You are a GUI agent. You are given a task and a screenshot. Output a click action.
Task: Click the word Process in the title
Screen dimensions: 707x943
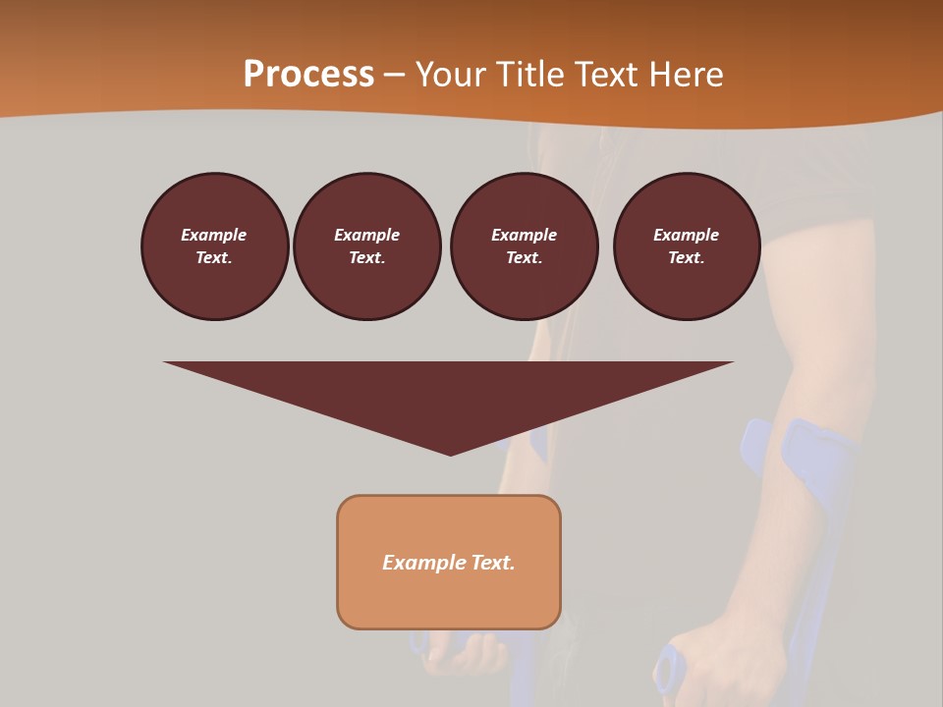[308, 75]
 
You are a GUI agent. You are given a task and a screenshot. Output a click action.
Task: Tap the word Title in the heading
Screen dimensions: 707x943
[530, 75]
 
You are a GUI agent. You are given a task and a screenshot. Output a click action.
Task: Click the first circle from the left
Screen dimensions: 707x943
[214, 246]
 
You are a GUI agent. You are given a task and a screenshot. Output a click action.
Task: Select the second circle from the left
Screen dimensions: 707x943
[366, 246]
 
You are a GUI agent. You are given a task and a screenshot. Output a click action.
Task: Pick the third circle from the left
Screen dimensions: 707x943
[524, 246]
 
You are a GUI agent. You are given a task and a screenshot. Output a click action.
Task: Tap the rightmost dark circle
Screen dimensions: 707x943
[686, 246]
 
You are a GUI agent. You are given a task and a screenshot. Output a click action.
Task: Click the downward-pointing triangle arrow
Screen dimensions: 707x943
[449, 393]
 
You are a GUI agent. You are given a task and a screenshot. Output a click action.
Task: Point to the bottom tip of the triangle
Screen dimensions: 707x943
[450, 454]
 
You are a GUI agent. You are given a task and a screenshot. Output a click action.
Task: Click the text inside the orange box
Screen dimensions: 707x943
[449, 563]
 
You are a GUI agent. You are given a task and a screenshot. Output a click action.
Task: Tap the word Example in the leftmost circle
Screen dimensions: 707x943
[214, 235]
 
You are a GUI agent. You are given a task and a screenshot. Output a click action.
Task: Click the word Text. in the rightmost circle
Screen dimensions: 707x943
[686, 258]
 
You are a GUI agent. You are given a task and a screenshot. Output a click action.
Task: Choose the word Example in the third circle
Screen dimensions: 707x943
[524, 235]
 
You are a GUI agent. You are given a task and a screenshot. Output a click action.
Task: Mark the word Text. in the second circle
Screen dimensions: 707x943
[366, 258]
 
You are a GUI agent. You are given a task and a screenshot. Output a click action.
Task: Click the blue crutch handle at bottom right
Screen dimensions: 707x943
[671, 670]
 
